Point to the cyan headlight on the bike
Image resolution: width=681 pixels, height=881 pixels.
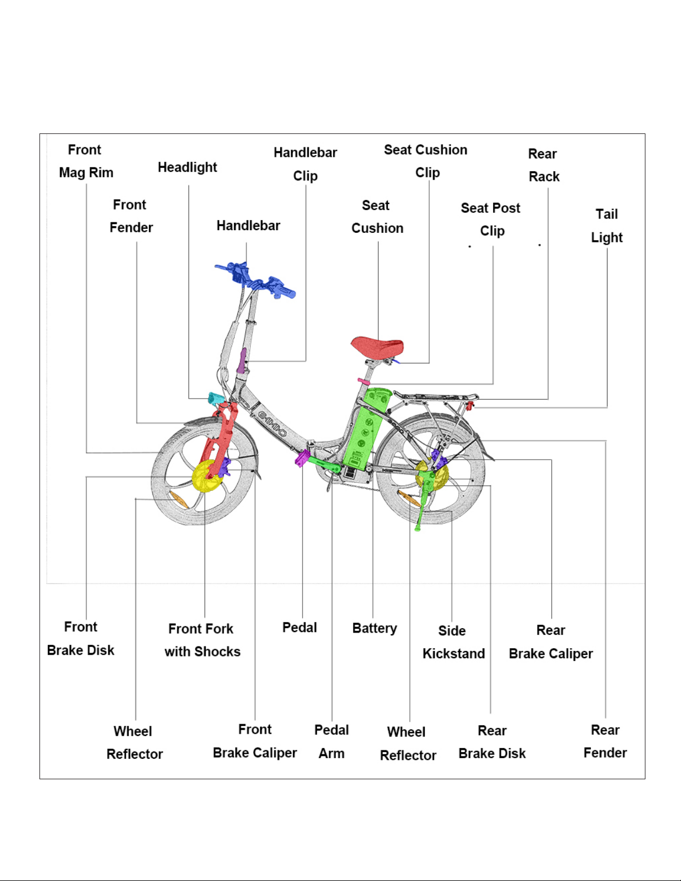215,399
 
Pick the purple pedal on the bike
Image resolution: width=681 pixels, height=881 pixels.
302,459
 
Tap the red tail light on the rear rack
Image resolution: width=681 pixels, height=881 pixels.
471,405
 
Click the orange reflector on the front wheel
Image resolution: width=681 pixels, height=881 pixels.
179,500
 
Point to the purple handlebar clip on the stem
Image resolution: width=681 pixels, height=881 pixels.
242,361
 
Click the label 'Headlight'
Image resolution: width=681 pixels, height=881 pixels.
187,167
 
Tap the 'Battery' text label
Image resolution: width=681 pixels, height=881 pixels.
374,628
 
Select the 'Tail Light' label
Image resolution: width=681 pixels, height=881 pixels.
607,226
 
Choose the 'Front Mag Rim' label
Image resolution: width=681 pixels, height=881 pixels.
86,161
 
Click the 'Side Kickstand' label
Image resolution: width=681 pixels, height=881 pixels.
453,642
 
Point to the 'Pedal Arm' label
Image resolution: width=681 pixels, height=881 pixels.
331,741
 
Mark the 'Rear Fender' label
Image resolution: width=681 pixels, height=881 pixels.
605,741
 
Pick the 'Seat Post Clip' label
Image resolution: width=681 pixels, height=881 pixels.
491,219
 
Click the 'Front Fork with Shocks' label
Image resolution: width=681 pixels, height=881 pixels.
202,640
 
